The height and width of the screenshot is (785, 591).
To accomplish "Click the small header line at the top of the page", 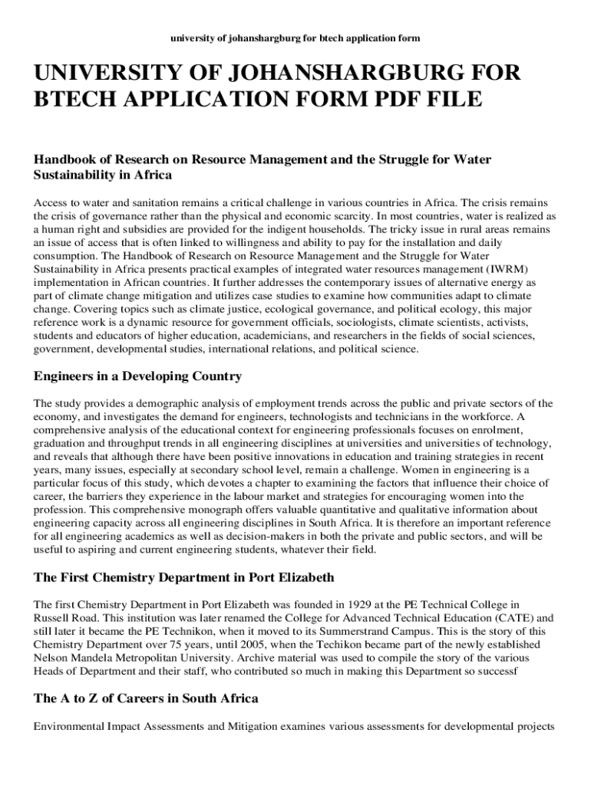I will (295, 38).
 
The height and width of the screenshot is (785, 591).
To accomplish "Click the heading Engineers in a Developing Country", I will (137, 376).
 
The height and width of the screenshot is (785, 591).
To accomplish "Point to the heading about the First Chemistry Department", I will (183, 576).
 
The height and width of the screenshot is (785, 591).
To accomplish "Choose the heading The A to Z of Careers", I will (146, 698).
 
